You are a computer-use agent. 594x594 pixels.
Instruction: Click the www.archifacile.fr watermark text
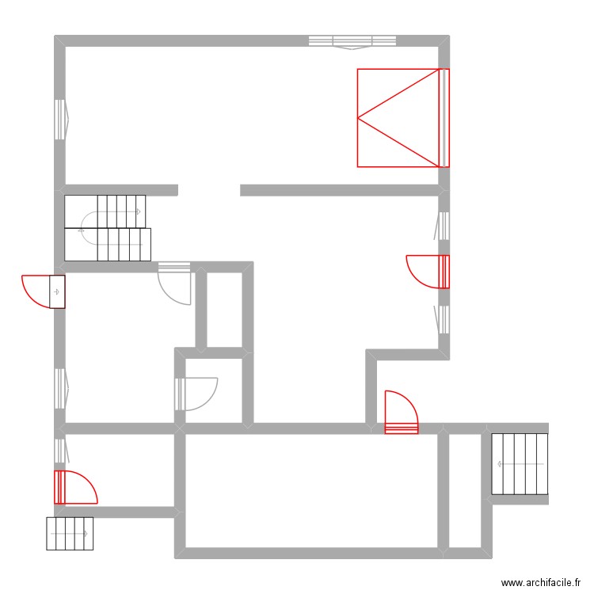(544, 583)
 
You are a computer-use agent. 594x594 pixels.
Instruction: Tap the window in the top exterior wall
(352, 41)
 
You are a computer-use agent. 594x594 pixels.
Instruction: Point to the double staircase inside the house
(107, 228)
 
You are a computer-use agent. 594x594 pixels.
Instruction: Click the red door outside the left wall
(43, 291)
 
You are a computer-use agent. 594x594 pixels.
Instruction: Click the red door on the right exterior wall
(428, 271)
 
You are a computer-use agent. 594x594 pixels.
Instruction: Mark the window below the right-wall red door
(444, 319)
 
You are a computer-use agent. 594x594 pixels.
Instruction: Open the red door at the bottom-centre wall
(401, 412)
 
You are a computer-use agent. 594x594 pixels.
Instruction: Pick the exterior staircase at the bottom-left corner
(70, 534)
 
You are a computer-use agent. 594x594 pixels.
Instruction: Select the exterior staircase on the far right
(520, 464)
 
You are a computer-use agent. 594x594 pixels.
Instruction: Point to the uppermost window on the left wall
(59, 120)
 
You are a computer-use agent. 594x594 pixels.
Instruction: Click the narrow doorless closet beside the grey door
(224, 310)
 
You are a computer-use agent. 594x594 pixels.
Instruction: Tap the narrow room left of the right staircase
(464, 490)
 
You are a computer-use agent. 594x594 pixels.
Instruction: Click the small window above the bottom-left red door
(59, 451)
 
